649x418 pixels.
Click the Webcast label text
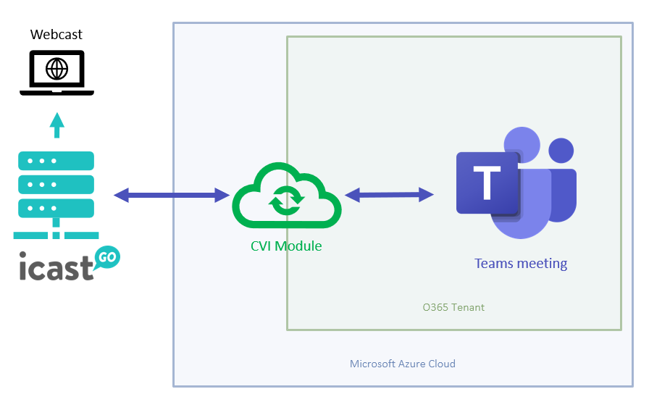[56, 35]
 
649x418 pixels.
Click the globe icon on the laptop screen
[56, 69]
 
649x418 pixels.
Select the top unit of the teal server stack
[56, 161]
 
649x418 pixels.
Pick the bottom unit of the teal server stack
[56, 208]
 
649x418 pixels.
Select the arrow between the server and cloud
[172, 194]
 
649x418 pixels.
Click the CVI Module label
[286, 246]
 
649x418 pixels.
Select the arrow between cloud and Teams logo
[389, 194]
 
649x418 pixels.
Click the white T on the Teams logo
[487, 183]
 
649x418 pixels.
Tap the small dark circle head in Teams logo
[561, 151]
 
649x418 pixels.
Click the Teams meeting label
[521, 264]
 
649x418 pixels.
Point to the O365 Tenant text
[453, 307]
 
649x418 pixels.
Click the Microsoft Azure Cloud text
[403, 364]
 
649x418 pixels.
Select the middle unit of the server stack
[56, 184]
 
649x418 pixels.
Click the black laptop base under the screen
[56, 92]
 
